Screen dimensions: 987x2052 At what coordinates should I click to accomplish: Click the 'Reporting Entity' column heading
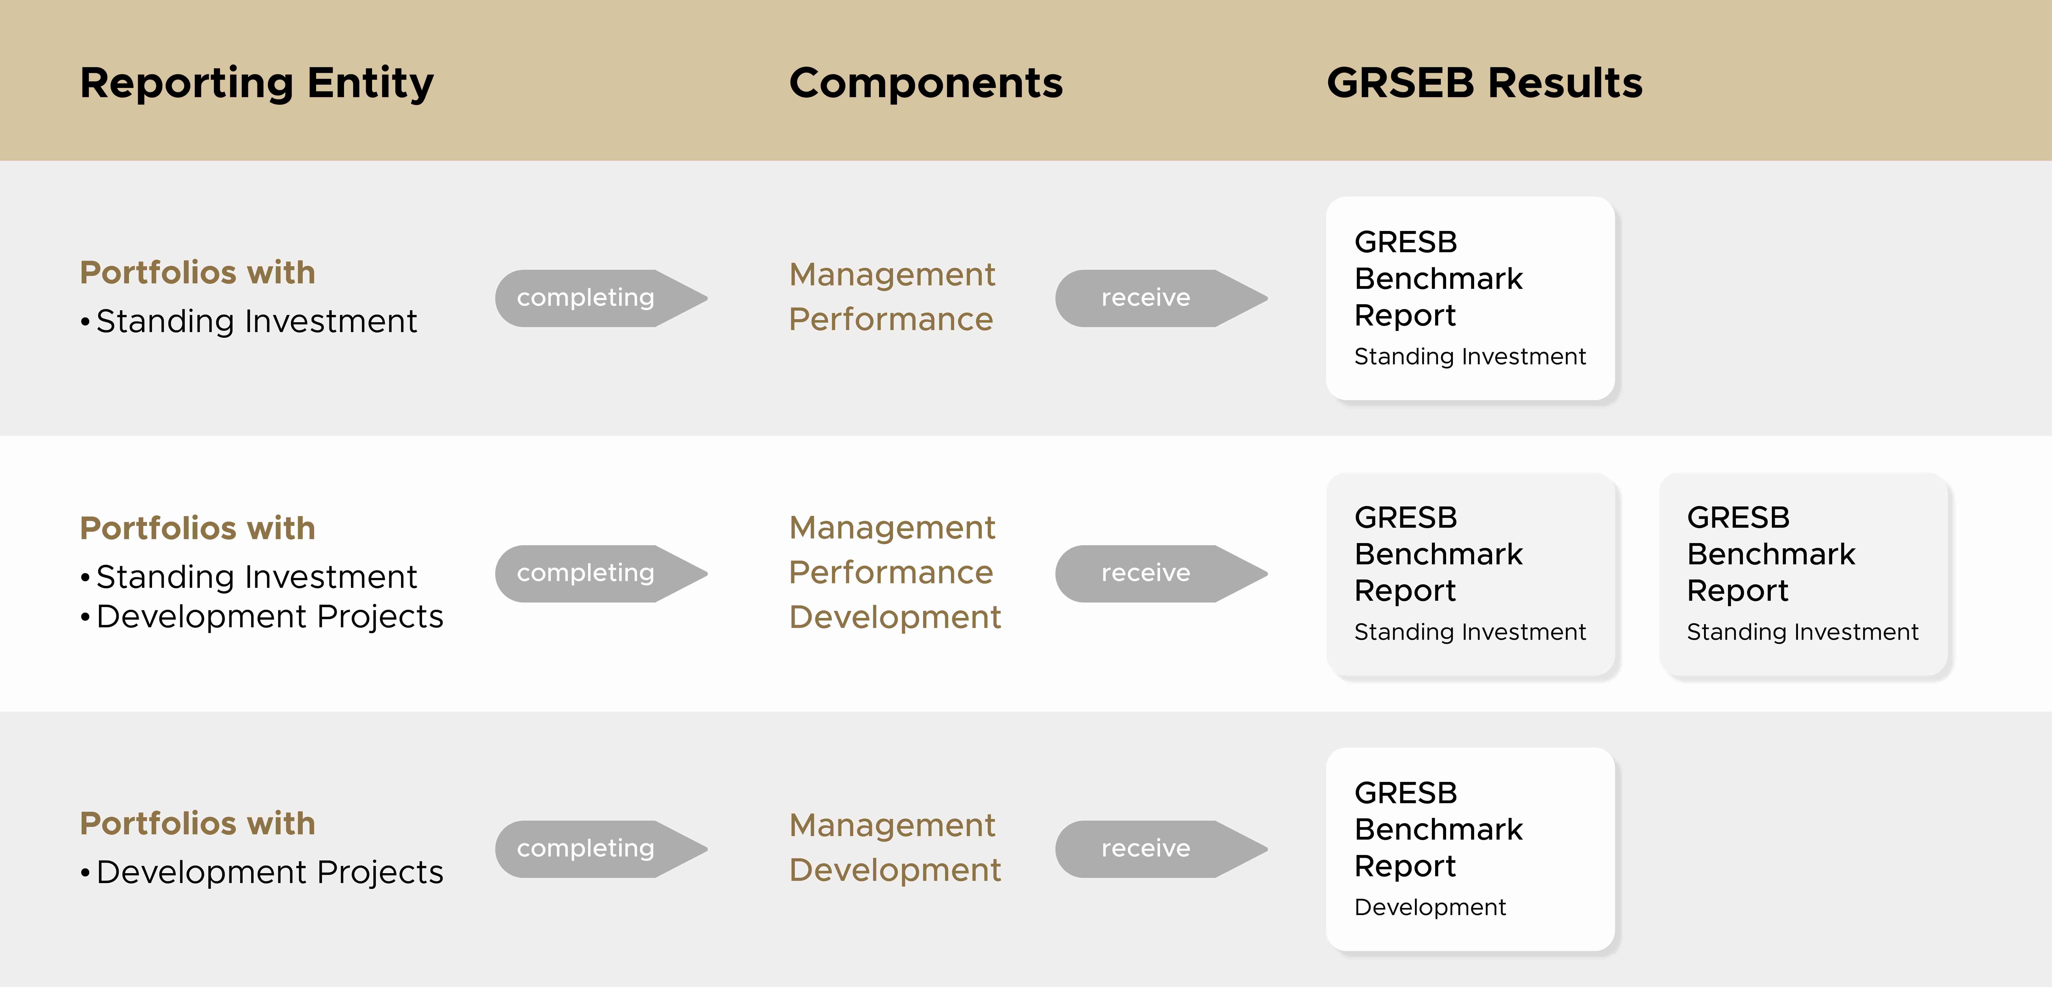tap(256, 83)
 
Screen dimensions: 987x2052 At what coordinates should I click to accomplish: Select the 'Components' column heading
tap(926, 83)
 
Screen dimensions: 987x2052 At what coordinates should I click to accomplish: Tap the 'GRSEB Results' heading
tap(1484, 83)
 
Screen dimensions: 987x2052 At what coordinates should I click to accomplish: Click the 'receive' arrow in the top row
tap(1159, 298)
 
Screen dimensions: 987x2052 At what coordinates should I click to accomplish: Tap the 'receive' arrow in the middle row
tap(1159, 574)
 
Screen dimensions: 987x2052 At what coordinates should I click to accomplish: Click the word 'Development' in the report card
tap(1430, 907)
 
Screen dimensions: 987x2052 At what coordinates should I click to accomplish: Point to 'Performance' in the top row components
tap(891, 319)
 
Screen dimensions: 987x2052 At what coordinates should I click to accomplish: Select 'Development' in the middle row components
tap(895, 617)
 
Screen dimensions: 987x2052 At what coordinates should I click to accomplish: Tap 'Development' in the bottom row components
tap(895, 870)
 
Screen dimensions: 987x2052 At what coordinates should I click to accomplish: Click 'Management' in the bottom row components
tap(892, 825)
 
